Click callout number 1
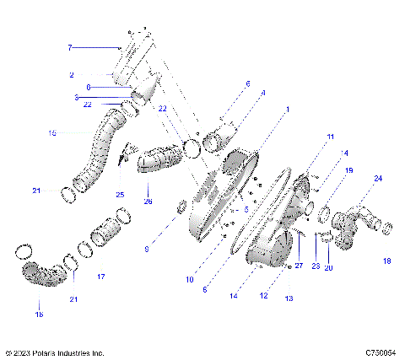coord(288,109)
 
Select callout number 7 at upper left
coord(71,48)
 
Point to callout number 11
coord(331,136)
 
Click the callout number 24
coord(378,179)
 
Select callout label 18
coord(387,261)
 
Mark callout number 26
coord(148,201)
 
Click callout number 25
coord(119,195)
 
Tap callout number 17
coord(100,277)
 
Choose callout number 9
coord(147,249)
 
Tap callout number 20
coord(329,267)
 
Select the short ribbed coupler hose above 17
coord(107,231)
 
